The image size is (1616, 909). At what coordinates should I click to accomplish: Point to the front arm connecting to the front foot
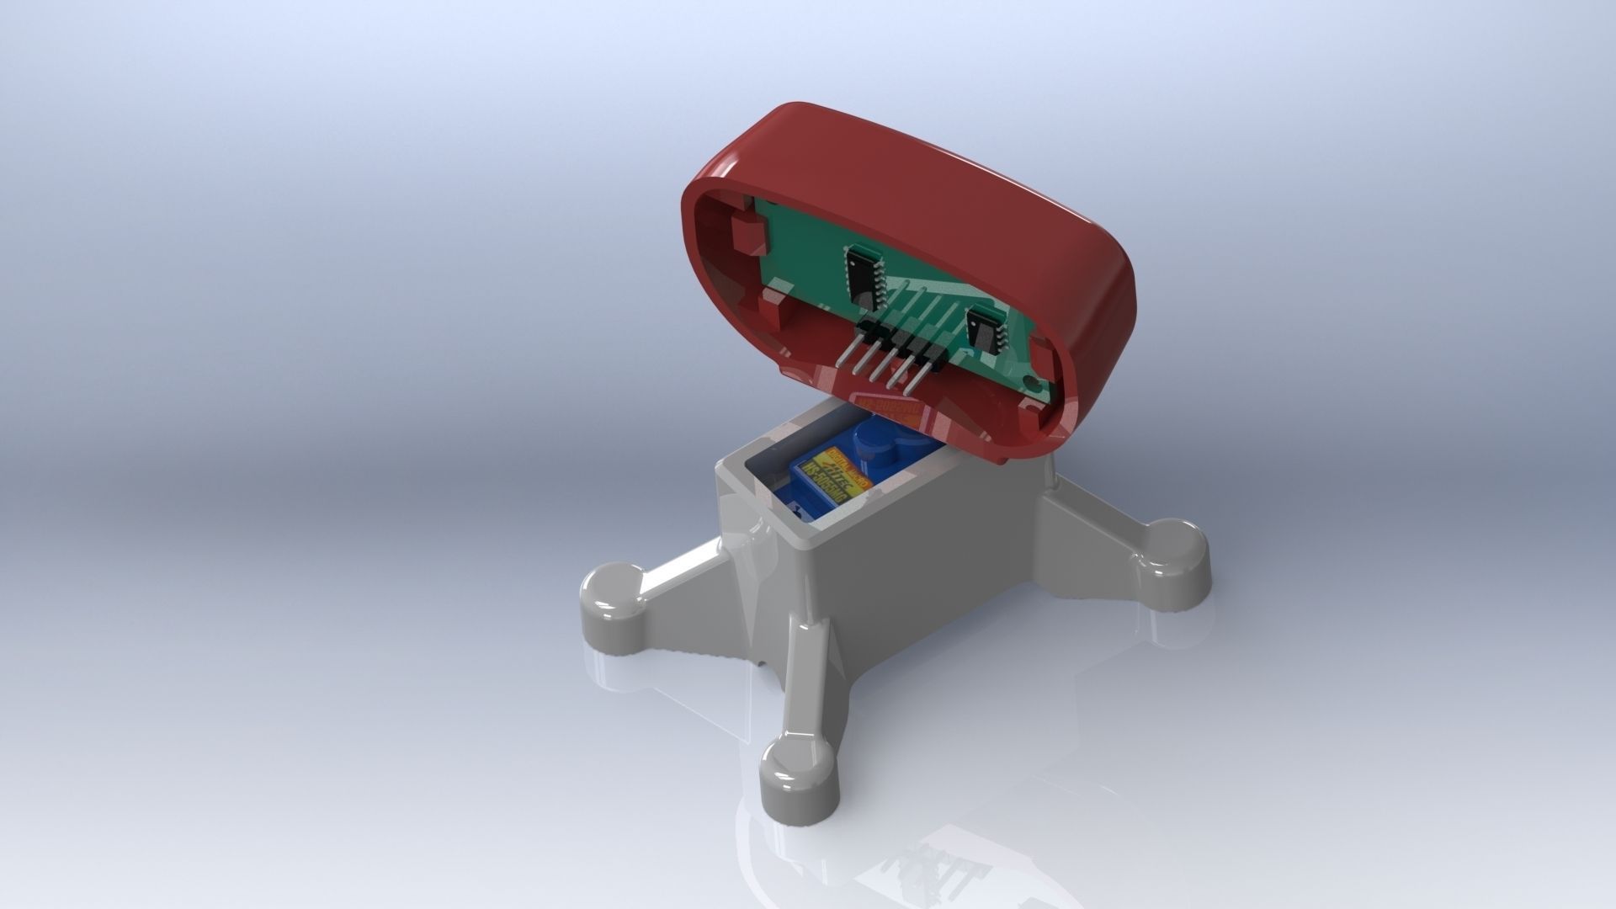click(806, 673)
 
